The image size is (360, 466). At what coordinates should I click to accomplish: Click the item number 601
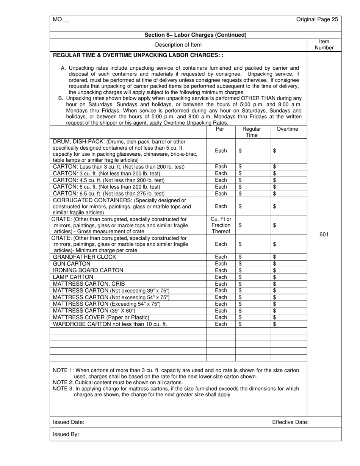(x=324, y=235)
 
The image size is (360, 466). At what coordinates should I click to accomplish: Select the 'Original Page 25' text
(x=317, y=19)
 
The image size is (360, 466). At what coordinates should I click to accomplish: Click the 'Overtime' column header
(x=287, y=129)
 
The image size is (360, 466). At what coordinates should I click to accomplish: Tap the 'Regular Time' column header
(x=252, y=132)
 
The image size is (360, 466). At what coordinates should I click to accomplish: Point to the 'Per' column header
(x=220, y=129)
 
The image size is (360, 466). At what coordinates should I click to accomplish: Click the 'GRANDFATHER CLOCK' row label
(x=85, y=257)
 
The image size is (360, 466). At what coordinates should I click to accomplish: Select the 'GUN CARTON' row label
(x=72, y=264)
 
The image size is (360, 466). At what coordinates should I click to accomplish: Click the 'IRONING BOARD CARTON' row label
(x=88, y=271)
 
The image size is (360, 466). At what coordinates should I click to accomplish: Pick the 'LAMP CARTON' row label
(x=73, y=277)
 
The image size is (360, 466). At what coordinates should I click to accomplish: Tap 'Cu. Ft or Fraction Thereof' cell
(x=221, y=225)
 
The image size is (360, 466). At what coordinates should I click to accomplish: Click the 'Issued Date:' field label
(x=69, y=422)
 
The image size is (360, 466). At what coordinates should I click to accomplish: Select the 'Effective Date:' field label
(x=290, y=422)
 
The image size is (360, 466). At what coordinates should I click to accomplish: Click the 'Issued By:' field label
(x=66, y=434)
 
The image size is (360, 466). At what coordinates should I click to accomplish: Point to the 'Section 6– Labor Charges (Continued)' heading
(x=196, y=35)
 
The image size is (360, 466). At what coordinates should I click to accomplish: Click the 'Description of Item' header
(x=178, y=45)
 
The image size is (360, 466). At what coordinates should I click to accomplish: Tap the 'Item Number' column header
(x=324, y=45)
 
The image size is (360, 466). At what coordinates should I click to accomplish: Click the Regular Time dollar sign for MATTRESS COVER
(x=240, y=317)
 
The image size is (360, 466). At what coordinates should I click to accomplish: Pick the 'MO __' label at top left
(x=61, y=19)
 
